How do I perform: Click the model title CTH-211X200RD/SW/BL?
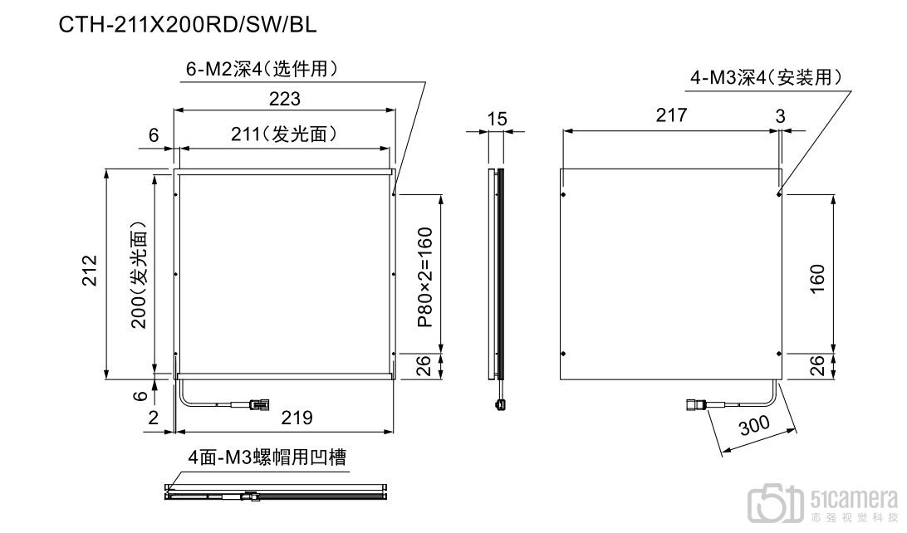tap(188, 25)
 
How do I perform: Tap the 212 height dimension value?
tap(91, 271)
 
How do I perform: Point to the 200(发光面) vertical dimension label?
tap(139, 274)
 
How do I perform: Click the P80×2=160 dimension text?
tap(424, 277)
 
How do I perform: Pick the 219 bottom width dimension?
tap(297, 418)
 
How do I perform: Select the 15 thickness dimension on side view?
tap(496, 120)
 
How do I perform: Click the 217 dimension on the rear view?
tap(671, 115)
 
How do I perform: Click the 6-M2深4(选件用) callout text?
tap(261, 70)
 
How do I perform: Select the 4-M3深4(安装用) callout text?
tap(766, 79)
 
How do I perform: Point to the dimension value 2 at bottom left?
tap(153, 418)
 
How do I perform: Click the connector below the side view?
tap(499, 404)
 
